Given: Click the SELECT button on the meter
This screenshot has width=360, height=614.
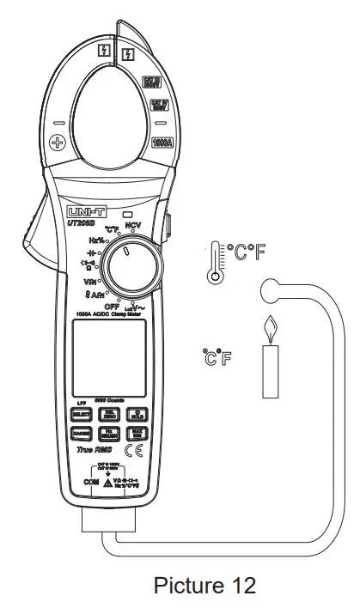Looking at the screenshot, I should pos(81,413).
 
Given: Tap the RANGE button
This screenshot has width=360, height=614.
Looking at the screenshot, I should pos(81,434).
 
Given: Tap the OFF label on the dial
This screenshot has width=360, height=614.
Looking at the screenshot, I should pos(111,306).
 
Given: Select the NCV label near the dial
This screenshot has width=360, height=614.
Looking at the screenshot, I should pos(132,225).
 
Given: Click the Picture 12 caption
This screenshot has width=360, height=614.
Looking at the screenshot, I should pos(204,586).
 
